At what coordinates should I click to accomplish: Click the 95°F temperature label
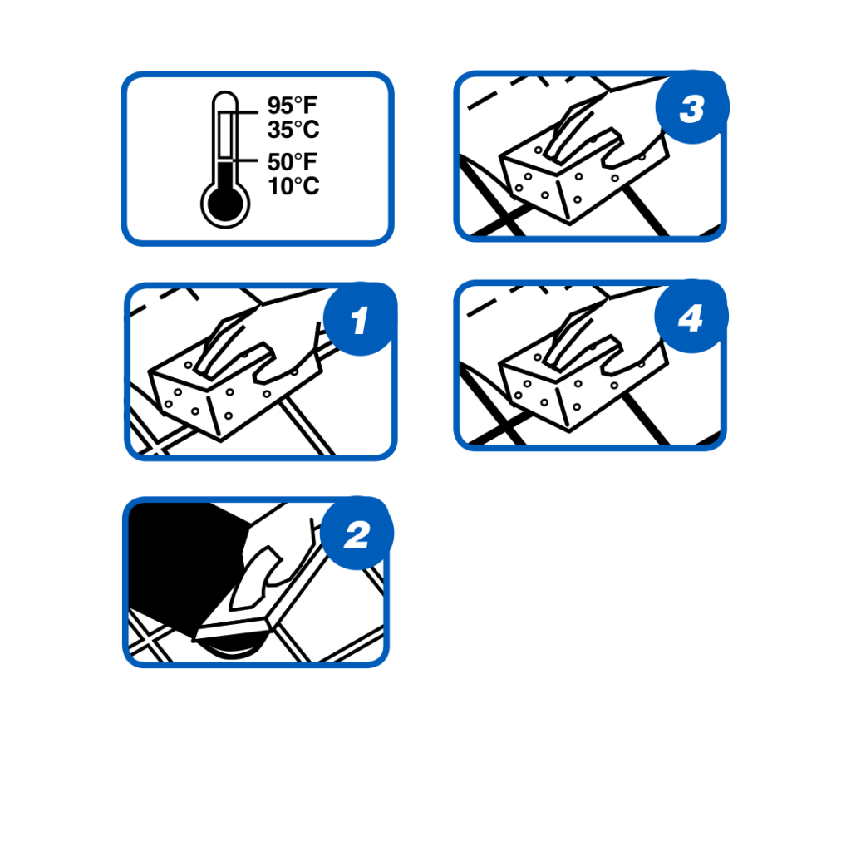click(x=292, y=106)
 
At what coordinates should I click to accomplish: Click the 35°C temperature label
click(x=293, y=130)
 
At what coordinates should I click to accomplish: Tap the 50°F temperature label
click(x=292, y=162)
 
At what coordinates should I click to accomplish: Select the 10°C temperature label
click(x=293, y=186)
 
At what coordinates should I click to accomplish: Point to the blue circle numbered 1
click(x=360, y=319)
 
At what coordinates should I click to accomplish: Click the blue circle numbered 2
click(x=357, y=533)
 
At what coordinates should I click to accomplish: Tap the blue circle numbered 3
click(x=692, y=107)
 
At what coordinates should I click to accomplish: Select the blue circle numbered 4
click(x=691, y=317)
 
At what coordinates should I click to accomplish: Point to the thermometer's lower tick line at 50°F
click(x=245, y=160)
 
